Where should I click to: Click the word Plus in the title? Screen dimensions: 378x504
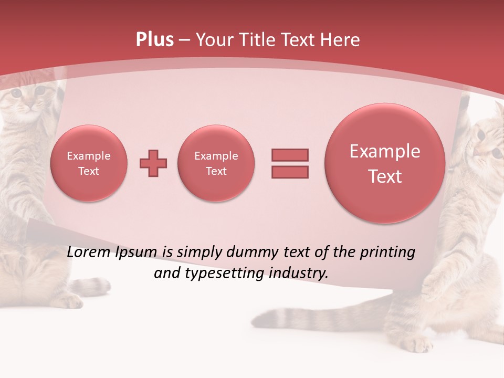pos(154,40)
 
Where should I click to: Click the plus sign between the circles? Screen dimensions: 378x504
pos(153,163)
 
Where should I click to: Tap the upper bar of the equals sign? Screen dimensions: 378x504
pos(290,155)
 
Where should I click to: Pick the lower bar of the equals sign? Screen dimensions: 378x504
pos(290,172)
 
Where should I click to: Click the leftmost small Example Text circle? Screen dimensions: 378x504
pos(89,163)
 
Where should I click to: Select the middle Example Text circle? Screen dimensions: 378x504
pos(216,163)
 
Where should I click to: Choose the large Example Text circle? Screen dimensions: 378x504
pos(385,163)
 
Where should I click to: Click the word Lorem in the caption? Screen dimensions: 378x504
pos(89,253)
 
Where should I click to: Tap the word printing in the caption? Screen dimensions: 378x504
pos(387,253)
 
